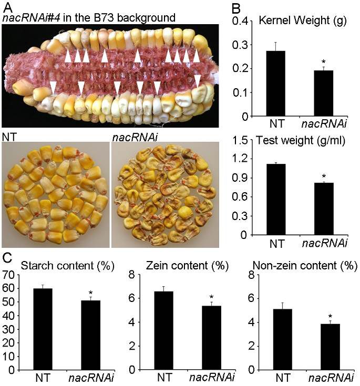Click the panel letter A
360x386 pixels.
(6, 6)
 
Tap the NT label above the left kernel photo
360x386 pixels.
(9, 136)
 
